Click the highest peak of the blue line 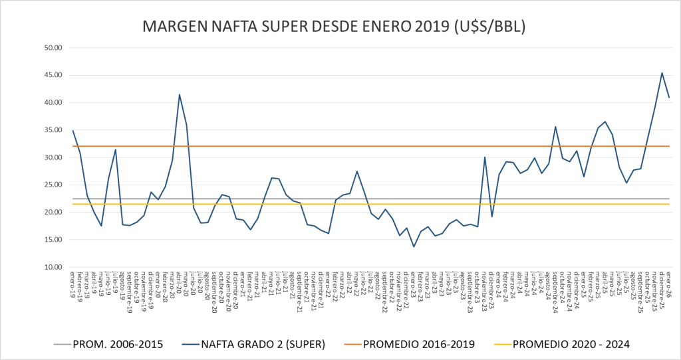pos(662,73)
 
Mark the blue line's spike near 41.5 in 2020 pos(180,94)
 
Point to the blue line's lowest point pos(414,246)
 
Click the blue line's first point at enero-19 pos(73,131)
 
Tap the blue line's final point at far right pos(669,98)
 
